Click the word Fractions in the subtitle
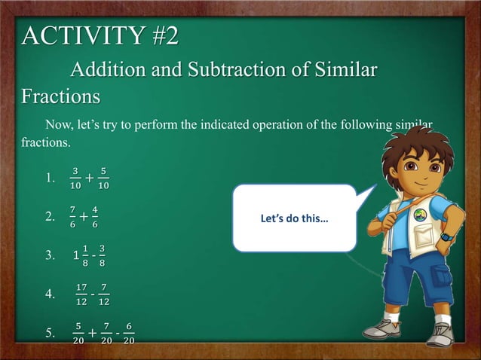(60, 97)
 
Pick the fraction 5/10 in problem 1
(104, 178)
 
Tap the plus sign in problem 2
(83, 218)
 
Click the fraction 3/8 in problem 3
(102, 256)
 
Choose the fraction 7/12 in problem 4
(103, 294)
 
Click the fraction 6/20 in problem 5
(130, 333)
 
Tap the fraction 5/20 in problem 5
(78, 333)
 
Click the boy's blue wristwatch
(446, 236)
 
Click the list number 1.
(51, 179)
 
